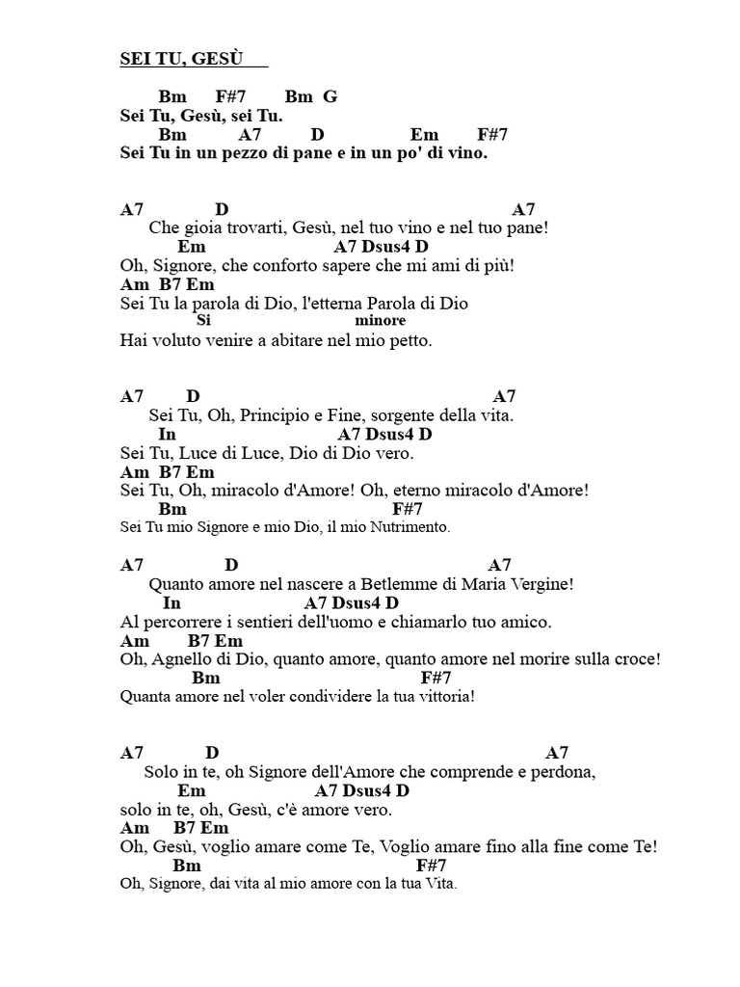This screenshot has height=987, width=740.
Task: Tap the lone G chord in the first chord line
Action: coord(330,97)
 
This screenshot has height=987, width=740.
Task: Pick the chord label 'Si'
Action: coord(202,321)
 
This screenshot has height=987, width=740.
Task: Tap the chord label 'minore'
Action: coord(380,321)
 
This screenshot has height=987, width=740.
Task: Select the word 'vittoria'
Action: coord(443,697)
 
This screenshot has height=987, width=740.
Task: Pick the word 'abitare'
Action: coord(294,340)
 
